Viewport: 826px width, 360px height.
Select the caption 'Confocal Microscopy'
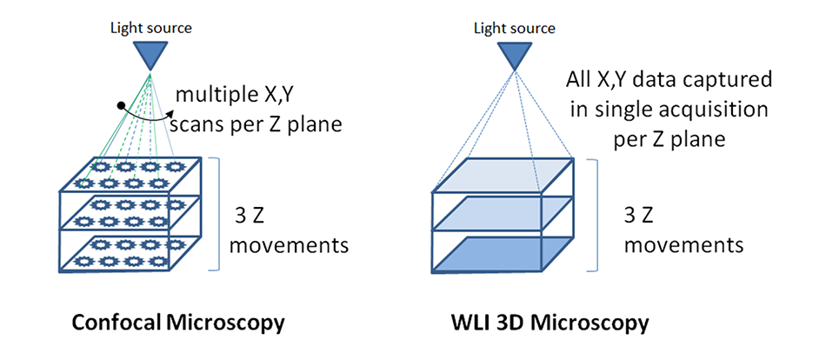tap(180, 323)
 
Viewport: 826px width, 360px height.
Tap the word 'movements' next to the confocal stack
tap(294, 244)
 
